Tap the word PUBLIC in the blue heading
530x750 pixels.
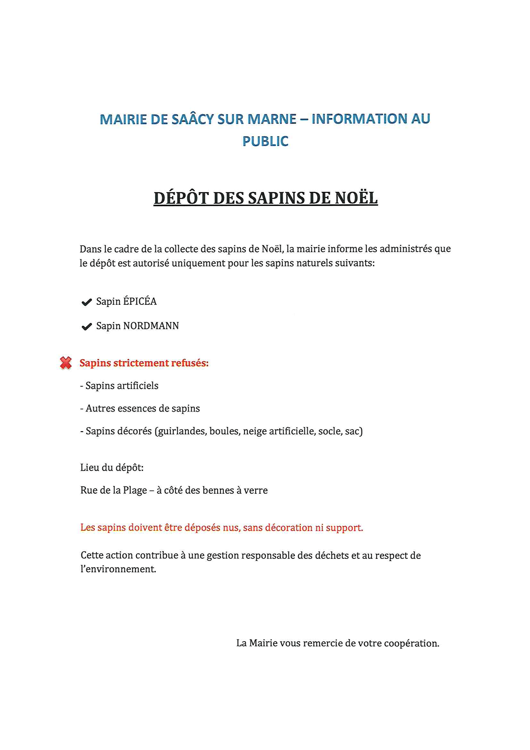(x=265, y=141)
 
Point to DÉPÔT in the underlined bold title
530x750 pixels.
(x=181, y=198)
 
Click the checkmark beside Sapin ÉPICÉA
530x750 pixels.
(x=87, y=302)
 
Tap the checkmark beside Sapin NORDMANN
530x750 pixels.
(x=87, y=327)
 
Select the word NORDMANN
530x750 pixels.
(x=151, y=326)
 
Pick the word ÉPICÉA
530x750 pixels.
(x=140, y=301)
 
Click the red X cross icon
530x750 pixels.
(x=66, y=363)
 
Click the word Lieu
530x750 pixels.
(x=90, y=467)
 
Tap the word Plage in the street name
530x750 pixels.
(x=135, y=490)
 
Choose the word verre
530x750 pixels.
(x=256, y=490)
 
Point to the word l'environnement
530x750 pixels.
(x=118, y=569)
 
